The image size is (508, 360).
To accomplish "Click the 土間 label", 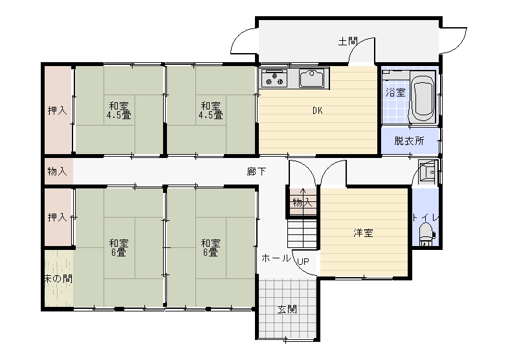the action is point(348,41).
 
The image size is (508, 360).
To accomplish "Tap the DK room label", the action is point(318,111).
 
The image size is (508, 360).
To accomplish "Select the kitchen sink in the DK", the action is point(311,78).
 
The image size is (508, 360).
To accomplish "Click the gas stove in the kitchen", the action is point(275,78).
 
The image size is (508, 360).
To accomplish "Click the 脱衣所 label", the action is point(409,141).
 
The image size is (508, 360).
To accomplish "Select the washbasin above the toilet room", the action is point(427,172).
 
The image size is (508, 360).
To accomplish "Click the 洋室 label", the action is point(363,232).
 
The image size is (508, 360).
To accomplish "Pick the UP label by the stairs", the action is point(303,262).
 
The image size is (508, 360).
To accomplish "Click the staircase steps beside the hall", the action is point(302,234).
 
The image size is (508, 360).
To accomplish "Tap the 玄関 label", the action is point(287,309).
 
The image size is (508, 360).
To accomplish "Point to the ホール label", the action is point(276,258).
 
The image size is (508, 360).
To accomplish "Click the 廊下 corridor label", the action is point(257,172).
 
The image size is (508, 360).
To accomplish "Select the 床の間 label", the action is point(58,278).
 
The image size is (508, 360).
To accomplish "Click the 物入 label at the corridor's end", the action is point(58,171).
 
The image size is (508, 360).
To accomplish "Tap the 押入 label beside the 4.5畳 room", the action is point(58,111).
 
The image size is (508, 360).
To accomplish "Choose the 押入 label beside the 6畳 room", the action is point(58,217).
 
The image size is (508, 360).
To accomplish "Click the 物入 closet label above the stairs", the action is point(303,203).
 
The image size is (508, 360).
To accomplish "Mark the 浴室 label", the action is point(395,93).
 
